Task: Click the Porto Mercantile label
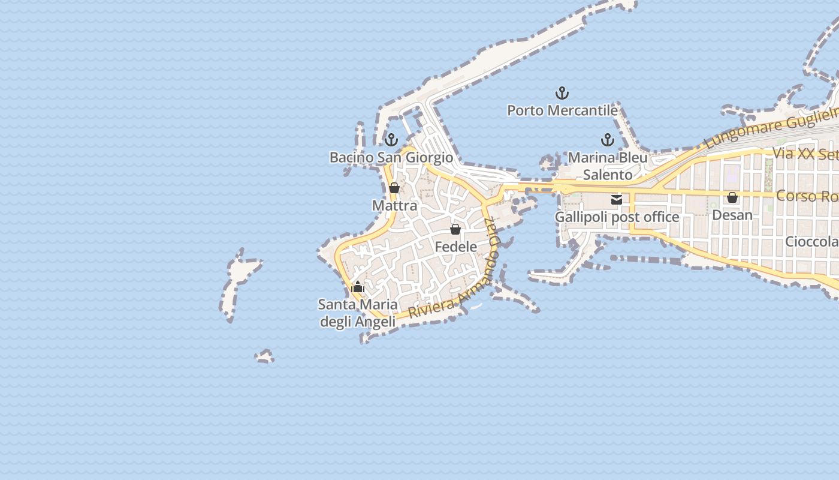[562, 110]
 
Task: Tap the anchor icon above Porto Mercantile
[562, 93]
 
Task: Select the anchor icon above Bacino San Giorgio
[391, 140]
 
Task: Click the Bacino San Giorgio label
[391, 157]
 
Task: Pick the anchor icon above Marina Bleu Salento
[608, 140]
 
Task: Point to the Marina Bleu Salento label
[608, 166]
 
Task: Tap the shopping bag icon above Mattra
[394, 188]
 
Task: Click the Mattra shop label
[394, 205]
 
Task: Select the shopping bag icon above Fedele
[455, 229]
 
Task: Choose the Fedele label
[455, 247]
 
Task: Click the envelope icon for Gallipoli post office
[617, 200]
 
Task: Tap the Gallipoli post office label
[617, 217]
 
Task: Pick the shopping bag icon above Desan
[732, 197]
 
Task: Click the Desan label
[732, 214]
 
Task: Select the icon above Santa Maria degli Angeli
[358, 287]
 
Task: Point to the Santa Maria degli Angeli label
[358, 313]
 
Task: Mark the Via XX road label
[805, 154]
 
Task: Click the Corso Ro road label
[807, 196]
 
